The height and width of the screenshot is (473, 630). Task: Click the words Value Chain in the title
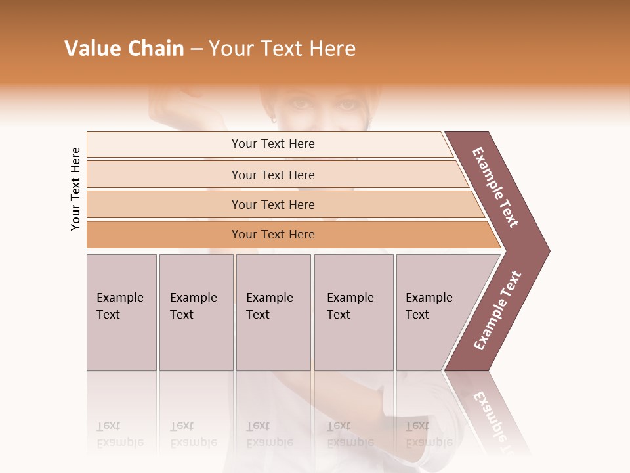click(124, 49)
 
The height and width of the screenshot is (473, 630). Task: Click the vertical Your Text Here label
click(75, 189)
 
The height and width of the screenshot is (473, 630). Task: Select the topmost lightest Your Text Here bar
click(272, 144)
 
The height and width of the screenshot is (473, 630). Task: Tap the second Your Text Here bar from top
click(272, 175)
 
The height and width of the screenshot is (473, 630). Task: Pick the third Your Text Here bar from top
click(272, 204)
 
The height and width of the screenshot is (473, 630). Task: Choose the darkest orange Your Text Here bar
click(272, 235)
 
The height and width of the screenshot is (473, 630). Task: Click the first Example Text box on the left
click(121, 312)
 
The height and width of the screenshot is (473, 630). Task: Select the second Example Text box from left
click(196, 312)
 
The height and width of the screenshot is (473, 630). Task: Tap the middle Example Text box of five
click(273, 312)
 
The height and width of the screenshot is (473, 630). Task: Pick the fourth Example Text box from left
click(353, 312)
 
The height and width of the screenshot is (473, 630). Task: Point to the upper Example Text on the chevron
click(495, 187)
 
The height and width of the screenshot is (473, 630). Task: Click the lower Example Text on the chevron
click(497, 310)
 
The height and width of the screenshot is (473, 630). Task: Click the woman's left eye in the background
click(348, 104)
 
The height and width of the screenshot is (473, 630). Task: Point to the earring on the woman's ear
click(274, 120)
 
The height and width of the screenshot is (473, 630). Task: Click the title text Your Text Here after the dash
click(282, 49)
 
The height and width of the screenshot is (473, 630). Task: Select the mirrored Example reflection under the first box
click(119, 441)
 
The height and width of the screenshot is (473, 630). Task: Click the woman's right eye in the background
click(300, 103)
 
